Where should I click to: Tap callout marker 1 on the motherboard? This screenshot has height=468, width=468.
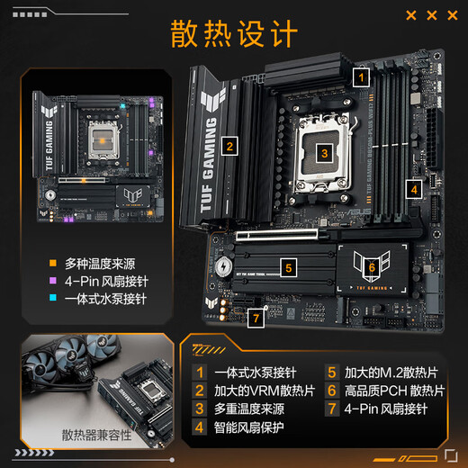coord(360,77)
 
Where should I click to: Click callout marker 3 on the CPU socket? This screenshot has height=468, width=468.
coord(323,153)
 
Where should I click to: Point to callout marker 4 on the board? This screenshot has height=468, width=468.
coord(413,189)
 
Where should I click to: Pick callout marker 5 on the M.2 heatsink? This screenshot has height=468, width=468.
coord(286,266)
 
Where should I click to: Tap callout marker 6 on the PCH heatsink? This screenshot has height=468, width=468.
coord(371,266)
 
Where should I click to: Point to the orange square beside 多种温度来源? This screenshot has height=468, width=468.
coord(54,264)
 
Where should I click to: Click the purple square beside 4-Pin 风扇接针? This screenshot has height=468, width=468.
coord(54,282)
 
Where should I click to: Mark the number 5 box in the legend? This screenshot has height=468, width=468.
coord(331,371)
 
